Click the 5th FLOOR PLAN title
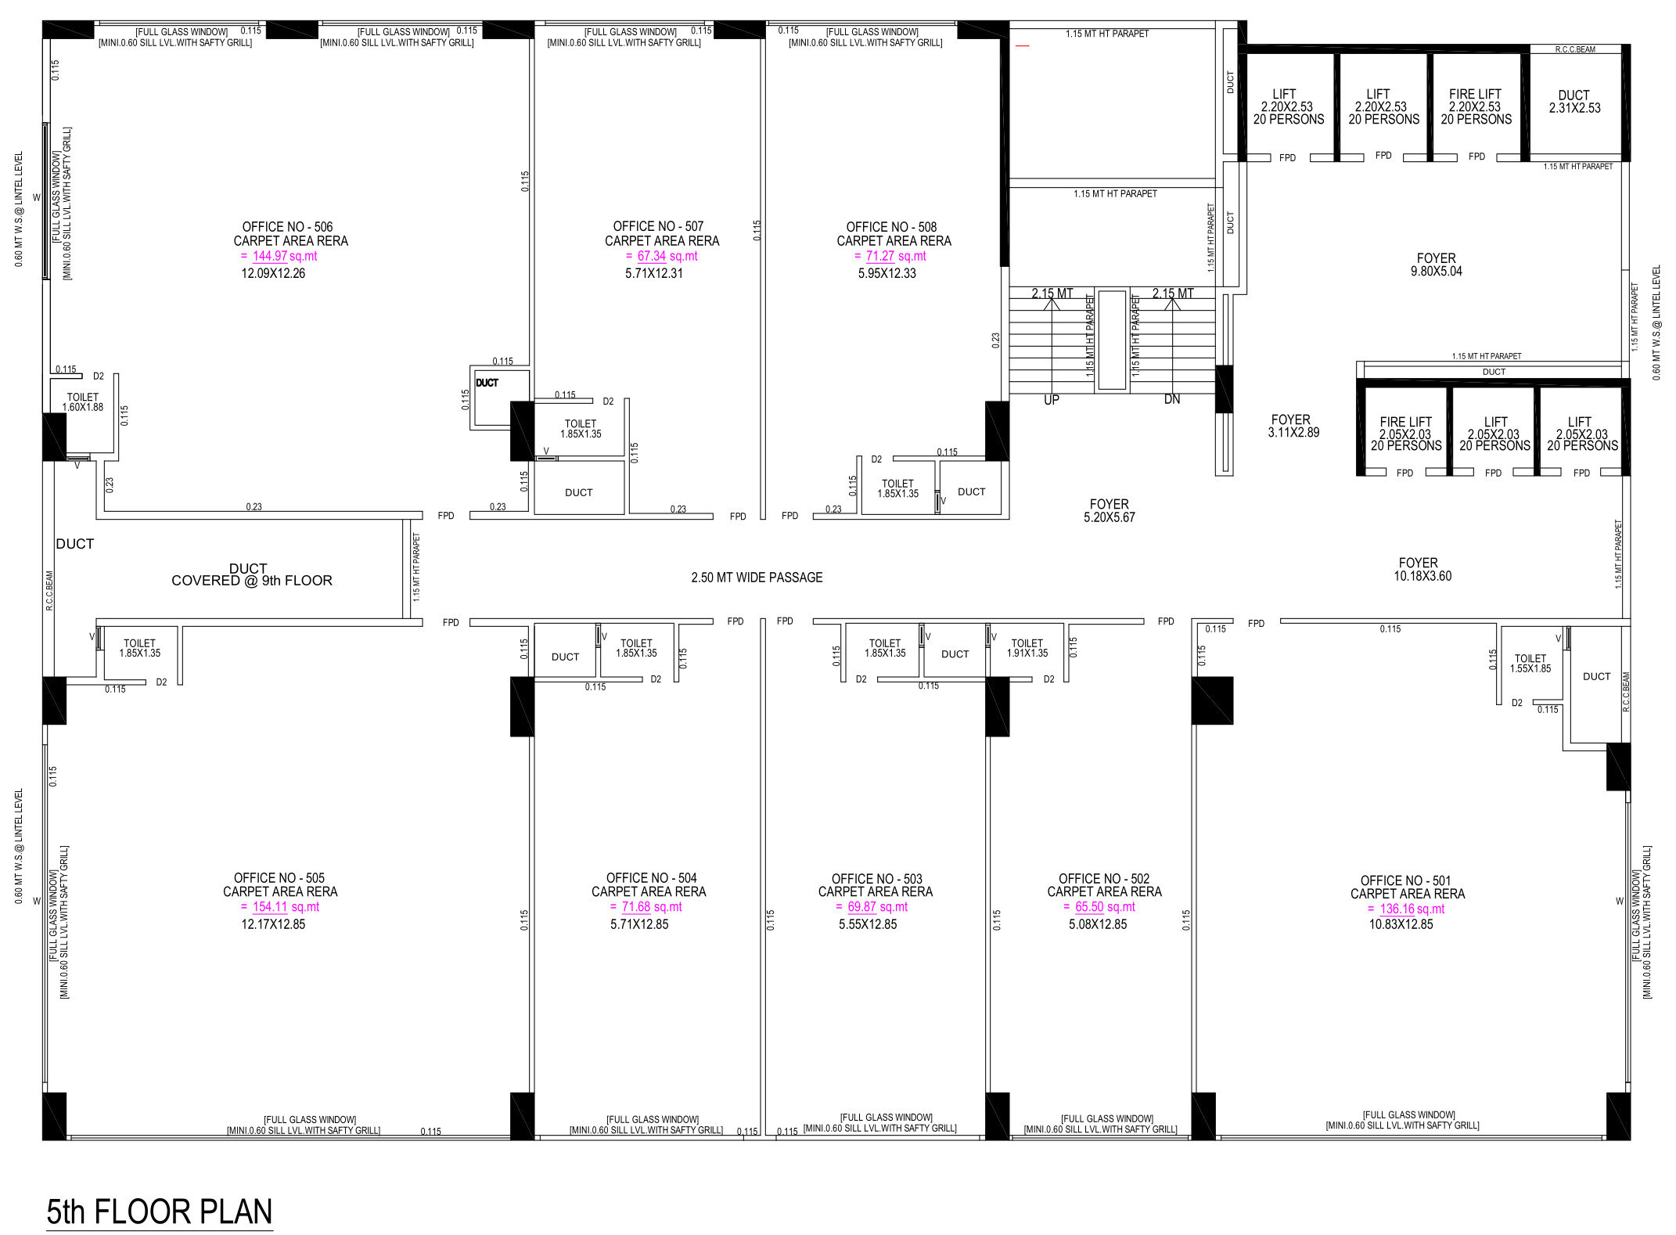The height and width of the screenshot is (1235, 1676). tap(160, 1212)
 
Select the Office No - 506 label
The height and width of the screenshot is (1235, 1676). tap(287, 227)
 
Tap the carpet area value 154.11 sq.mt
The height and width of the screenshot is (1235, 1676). tap(286, 907)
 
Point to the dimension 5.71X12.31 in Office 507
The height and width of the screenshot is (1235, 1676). tap(654, 273)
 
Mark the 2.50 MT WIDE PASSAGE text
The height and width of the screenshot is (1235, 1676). tap(757, 578)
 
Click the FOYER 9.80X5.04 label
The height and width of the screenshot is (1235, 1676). tap(1437, 265)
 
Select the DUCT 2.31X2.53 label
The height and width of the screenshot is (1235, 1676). tap(1574, 102)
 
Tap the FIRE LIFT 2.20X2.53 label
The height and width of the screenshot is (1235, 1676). tap(1476, 106)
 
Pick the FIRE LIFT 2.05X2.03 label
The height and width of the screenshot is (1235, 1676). tap(1406, 434)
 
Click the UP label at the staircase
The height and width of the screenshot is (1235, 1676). tap(1052, 400)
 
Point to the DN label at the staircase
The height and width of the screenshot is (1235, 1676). tap(1171, 399)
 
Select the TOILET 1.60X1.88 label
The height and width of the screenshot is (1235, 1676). tap(83, 402)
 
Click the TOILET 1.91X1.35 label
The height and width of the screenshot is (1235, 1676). tap(1027, 648)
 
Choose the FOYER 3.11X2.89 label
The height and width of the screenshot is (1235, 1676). tap(1293, 426)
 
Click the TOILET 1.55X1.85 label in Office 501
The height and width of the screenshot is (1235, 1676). tap(1530, 664)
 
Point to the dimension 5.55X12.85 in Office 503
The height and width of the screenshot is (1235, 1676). tap(868, 924)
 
